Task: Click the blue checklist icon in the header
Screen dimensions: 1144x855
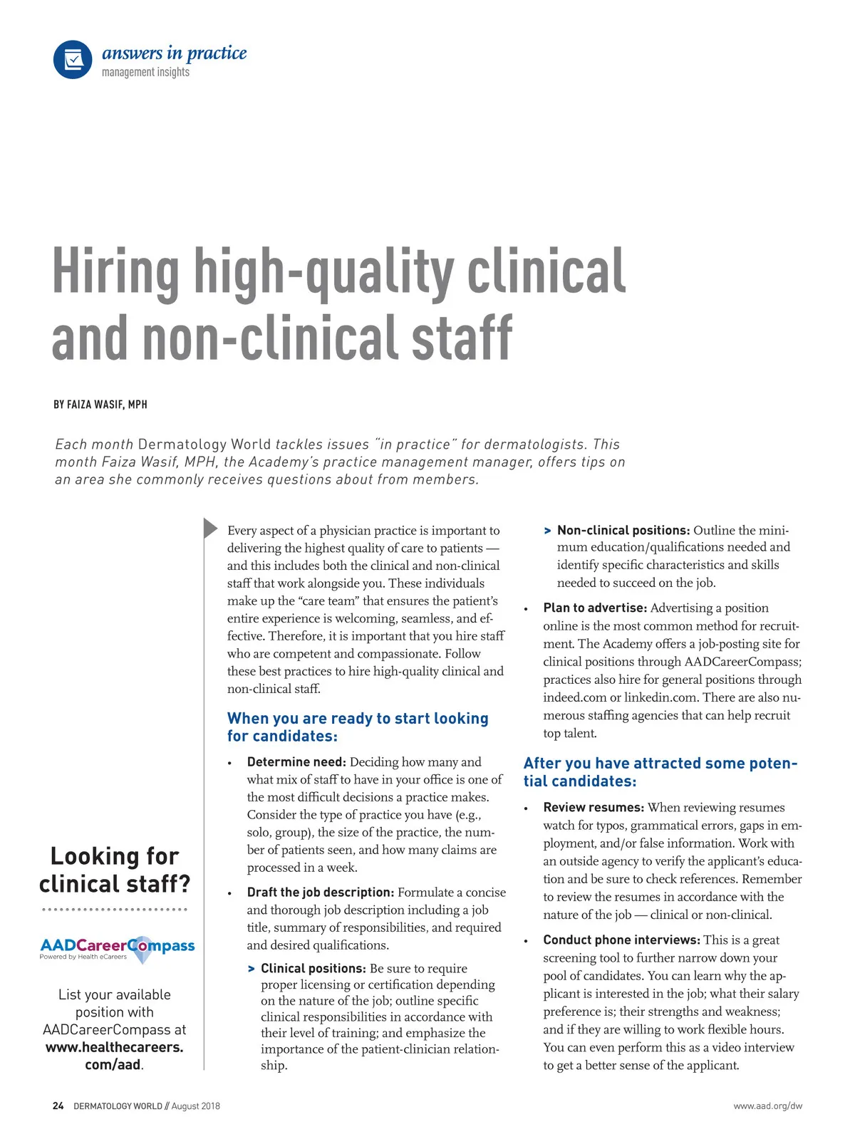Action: [73, 60]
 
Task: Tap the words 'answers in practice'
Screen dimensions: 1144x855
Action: [175, 53]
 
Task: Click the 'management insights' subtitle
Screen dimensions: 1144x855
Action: [145, 72]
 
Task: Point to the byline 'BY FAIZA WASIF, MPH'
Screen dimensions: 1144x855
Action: [100, 405]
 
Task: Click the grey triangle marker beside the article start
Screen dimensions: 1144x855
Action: [210, 528]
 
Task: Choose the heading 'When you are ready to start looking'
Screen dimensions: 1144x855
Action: [358, 718]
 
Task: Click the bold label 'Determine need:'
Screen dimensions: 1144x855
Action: [296, 762]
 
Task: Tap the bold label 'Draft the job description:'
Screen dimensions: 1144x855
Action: [320, 893]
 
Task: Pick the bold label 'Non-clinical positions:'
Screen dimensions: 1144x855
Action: [623, 530]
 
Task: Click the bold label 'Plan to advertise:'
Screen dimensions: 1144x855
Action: [595, 608]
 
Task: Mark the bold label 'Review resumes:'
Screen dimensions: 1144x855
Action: [594, 808]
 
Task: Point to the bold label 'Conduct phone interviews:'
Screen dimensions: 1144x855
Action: [621, 940]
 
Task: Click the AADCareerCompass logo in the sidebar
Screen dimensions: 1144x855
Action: [118, 948]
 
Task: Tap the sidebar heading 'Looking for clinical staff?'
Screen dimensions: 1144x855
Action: [115, 870]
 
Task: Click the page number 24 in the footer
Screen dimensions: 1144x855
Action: [58, 1106]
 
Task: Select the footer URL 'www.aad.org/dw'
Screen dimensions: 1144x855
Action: [767, 1106]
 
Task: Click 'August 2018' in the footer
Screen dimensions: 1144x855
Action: [196, 1106]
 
